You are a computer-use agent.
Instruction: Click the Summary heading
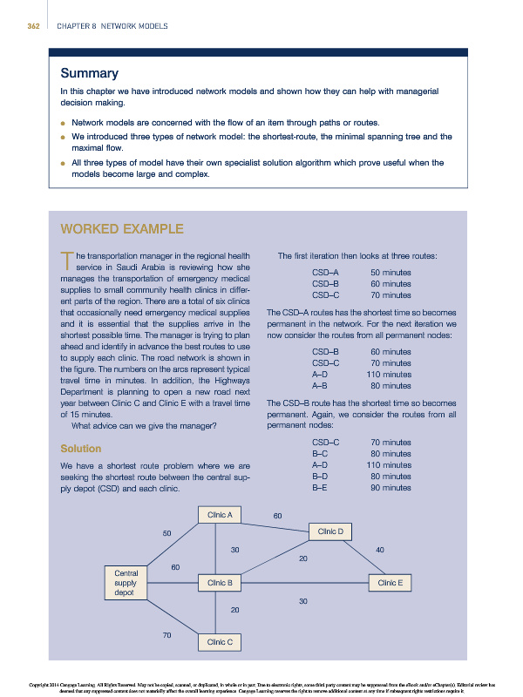point(85,72)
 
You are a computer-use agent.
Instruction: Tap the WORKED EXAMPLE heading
point(121,229)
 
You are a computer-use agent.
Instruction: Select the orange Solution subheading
point(80,449)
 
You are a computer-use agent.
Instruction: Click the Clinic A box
point(218,515)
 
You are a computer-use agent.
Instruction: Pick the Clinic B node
point(218,582)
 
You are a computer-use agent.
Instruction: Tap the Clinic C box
point(218,642)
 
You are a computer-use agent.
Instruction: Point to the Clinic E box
point(390,582)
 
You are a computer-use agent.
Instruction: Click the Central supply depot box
point(126,582)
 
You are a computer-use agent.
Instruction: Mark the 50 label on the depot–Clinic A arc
point(167,532)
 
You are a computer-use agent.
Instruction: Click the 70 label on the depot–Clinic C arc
point(166,634)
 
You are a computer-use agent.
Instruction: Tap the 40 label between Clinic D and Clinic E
point(379,549)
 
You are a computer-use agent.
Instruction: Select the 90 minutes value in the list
point(391,488)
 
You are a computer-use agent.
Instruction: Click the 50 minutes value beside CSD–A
point(391,273)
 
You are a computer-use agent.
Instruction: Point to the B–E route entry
point(319,488)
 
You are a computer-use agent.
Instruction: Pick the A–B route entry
point(319,385)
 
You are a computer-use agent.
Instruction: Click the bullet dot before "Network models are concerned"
point(63,123)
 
